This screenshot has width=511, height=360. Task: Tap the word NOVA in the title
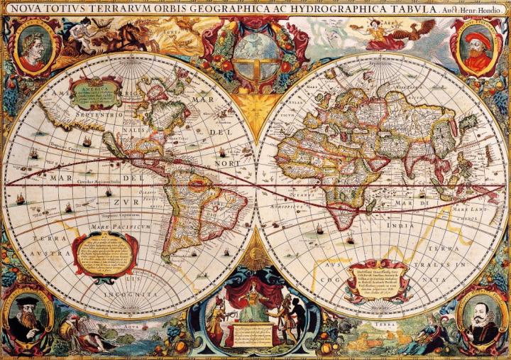coord(21,8)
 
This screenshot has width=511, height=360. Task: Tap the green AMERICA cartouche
coord(94,94)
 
